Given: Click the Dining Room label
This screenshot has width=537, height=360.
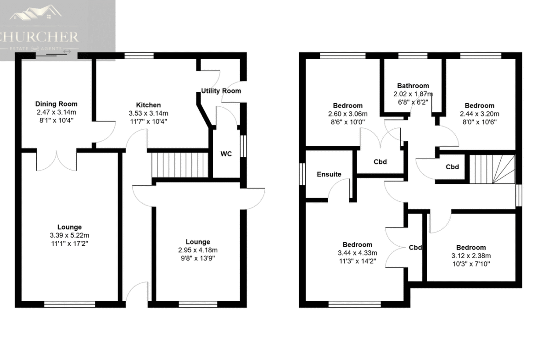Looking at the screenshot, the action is [56, 104].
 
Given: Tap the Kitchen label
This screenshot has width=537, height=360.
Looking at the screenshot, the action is [148, 105].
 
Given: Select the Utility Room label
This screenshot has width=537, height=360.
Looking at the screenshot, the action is [221, 91].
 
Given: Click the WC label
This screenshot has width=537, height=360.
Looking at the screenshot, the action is [226, 154].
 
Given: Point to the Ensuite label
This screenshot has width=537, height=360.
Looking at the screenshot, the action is [329, 174].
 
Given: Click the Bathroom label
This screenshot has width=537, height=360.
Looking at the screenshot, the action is [413, 86].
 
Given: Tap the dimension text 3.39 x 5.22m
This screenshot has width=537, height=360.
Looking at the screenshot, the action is [69, 235].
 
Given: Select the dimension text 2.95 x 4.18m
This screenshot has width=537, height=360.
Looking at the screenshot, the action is [198, 250].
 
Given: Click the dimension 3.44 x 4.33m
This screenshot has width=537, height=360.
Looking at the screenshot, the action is [358, 253].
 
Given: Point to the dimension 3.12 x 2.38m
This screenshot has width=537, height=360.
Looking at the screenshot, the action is [471, 255].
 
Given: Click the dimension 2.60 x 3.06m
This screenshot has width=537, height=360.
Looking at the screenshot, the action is [347, 114].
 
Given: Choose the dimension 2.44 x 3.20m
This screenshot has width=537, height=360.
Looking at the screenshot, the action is [480, 114].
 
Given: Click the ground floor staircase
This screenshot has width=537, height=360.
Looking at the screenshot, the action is [180, 165].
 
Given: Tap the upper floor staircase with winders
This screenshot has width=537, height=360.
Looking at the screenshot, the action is [492, 169].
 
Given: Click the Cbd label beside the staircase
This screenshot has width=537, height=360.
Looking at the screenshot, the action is [452, 167].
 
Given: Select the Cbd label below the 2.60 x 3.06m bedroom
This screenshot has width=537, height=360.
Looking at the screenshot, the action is [380, 162].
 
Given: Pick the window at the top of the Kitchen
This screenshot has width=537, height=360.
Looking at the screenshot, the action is [139, 56].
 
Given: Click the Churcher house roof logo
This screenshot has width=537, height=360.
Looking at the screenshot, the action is [36, 12].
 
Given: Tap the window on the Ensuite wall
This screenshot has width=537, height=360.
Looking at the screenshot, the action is [302, 174].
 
